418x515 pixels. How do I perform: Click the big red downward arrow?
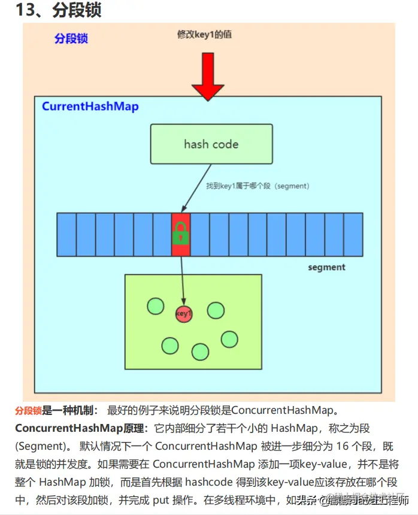208,75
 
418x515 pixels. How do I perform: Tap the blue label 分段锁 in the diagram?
71,38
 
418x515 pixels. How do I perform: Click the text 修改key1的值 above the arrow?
204,35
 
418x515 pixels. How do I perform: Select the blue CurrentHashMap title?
90,107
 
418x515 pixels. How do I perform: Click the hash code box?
211,144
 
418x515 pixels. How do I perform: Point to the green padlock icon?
180,233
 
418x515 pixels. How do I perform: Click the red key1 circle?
184,313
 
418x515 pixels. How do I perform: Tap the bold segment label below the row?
326,267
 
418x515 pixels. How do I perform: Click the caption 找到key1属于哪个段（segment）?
258,186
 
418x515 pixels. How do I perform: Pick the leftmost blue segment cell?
66,234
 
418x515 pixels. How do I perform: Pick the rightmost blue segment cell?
353,234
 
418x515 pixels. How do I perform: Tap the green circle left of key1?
155,306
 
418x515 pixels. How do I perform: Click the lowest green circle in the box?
200,352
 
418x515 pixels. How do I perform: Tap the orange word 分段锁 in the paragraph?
28,411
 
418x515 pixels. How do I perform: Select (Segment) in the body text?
40,446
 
